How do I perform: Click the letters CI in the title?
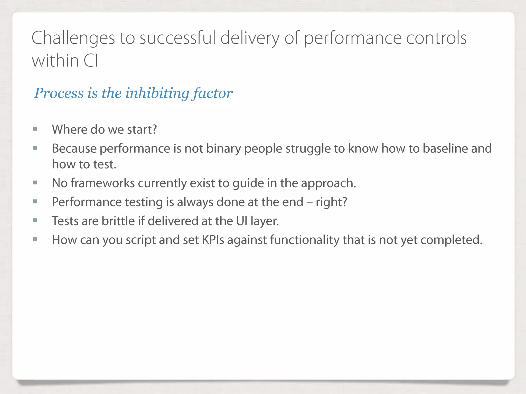click(x=91, y=61)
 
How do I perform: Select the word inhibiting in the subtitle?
click(x=157, y=93)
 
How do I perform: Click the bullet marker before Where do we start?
click(x=35, y=129)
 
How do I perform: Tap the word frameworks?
click(x=102, y=183)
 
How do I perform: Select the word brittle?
click(x=118, y=221)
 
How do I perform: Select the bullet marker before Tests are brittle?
click(x=35, y=221)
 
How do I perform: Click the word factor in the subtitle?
click(x=213, y=93)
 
